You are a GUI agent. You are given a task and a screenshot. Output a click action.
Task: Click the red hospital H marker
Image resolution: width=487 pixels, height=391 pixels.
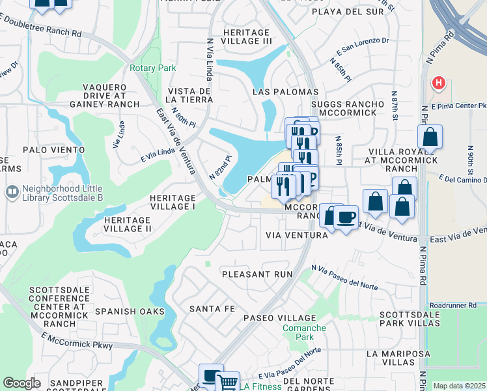click(439, 83)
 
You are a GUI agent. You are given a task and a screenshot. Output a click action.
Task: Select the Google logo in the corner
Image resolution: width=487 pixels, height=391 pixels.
click(21, 384)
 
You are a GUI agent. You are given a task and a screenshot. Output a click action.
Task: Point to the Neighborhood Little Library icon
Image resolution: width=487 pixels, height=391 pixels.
click(11, 192)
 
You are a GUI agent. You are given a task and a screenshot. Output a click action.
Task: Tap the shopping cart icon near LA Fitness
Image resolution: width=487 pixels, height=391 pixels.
click(227, 383)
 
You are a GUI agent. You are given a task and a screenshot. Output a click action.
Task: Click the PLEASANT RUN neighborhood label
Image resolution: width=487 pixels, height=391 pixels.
click(257, 274)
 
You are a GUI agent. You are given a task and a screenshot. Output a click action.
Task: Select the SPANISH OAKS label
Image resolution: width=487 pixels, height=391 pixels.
click(130, 311)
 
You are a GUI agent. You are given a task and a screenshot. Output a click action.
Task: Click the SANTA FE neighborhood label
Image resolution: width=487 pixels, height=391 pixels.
click(212, 308)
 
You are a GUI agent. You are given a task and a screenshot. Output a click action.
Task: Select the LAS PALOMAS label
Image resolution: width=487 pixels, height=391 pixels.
click(285, 92)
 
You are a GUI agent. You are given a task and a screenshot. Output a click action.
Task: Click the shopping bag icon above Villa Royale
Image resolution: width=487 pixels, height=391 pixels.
click(430, 138)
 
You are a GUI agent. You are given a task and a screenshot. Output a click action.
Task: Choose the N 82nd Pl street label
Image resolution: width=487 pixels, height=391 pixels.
click(221, 167)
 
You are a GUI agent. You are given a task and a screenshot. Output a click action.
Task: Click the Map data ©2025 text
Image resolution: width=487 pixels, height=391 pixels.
click(459, 386)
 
